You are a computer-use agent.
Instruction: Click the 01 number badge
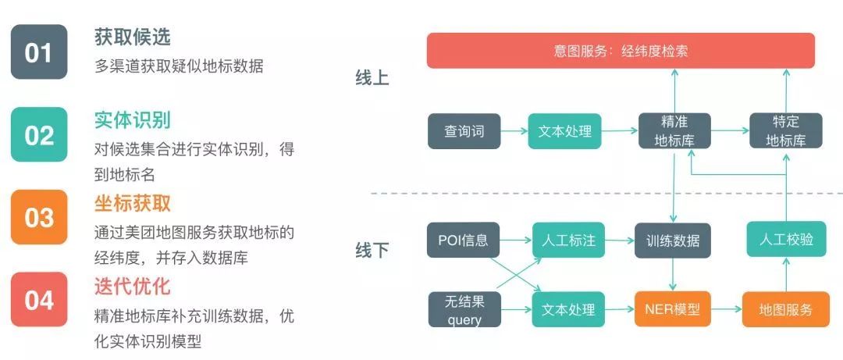[39, 52]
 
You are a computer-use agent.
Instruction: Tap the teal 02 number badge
[39, 134]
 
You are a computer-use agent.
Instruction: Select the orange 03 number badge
[39, 217]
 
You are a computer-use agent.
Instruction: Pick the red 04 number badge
[39, 299]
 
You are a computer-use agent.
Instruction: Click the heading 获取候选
[132, 37]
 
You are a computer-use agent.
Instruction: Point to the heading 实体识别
[132, 120]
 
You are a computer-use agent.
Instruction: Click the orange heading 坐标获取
[132, 203]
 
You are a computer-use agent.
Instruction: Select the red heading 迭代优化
[132, 286]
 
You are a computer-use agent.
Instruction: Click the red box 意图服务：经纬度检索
[621, 51]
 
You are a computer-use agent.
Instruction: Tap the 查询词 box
[464, 131]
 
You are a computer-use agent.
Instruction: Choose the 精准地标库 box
[675, 131]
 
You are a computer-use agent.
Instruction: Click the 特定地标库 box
[785, 131]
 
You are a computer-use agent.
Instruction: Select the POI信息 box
[464, 240]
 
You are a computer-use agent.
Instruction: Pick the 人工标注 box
[569, 240]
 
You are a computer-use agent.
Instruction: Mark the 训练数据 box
[674, 240]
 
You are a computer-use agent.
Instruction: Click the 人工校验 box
[785, 240]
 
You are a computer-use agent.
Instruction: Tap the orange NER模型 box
[674, 309]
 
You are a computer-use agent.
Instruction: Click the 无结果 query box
[464, 309]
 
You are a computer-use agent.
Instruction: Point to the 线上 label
[372, 78]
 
